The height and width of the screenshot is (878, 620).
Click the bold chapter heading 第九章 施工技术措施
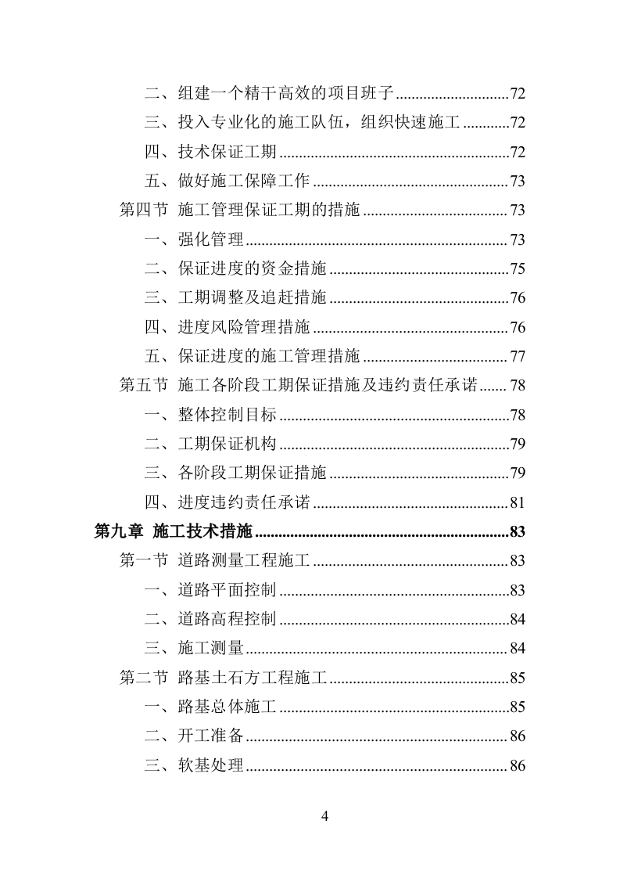pyautogui.click(x=173, y=532)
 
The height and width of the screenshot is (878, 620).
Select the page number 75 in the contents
pyautogui.click(x=517, y=269)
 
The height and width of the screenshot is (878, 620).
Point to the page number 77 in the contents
pyautogui.click(x=517, y=357)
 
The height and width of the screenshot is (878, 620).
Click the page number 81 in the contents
pyautogui.click(x=517, y=503)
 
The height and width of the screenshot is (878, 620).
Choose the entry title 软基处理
pyautogui.click(x=211, y=765)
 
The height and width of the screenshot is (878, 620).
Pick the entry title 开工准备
pyautogui.click(x=211, y=736)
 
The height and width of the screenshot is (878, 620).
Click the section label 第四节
pyautogui.click(x=143, y=211)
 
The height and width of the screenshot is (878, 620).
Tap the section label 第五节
pyautogui.click(x=143, y=386)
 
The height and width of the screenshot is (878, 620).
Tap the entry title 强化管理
pyautogui.click(x=211, y=239)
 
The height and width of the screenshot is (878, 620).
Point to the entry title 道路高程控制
pyautogui.click(x=228, y=620)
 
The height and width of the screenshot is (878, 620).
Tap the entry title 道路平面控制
pyautogui.click(x=228, y=590)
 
